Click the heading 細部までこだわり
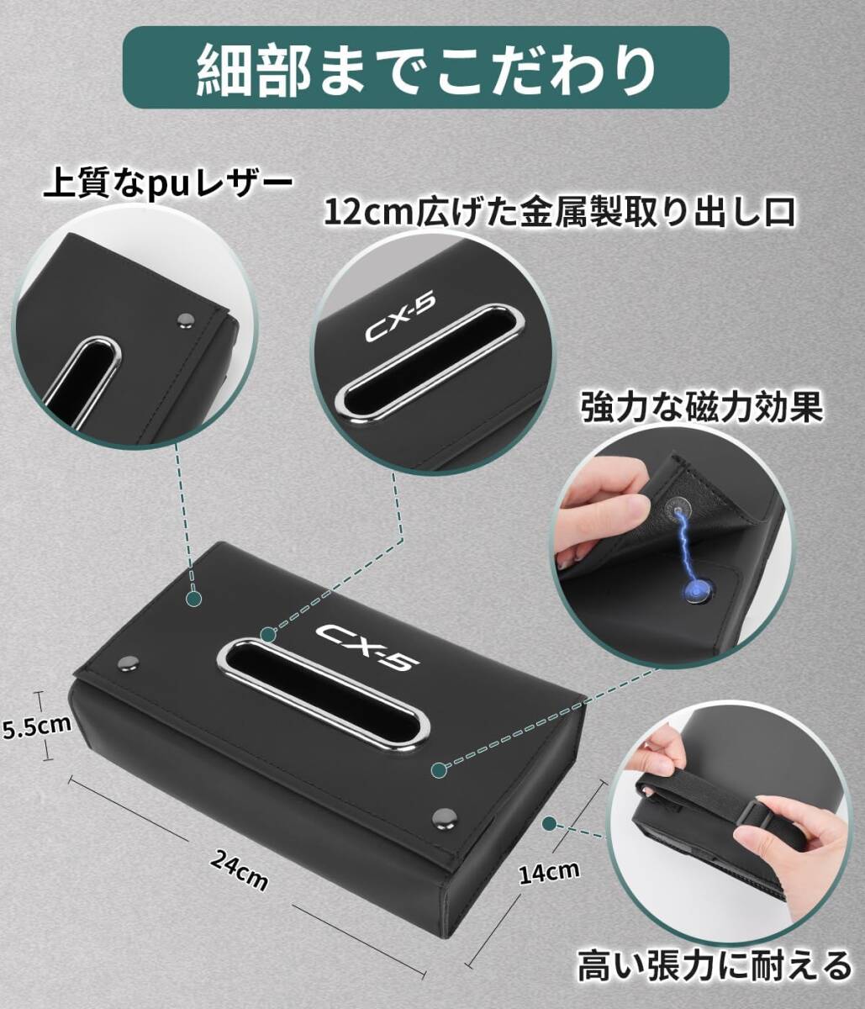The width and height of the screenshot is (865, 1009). [425, 67]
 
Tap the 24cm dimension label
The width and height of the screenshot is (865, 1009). [240, 870]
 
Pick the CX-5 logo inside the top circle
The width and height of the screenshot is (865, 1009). [400, 320]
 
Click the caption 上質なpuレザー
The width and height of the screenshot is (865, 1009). [167, 182]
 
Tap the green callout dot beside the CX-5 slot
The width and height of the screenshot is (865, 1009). [267, 634]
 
